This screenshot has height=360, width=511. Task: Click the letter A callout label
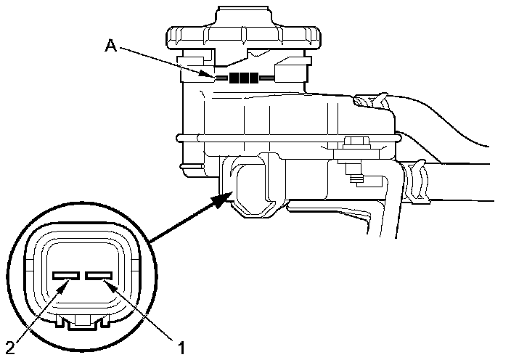pyautogui.click(x=111, y=46)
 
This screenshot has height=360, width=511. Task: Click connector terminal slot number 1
pyautogui.click(x=97, y=276)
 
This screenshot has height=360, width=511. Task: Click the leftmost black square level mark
pyautogui.click(x=234, y=78)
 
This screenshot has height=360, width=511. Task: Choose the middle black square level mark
pyautogui.click(x=244, y=78)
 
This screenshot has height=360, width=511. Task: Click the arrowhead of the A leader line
pyautogui.click(x=211, y=75)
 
